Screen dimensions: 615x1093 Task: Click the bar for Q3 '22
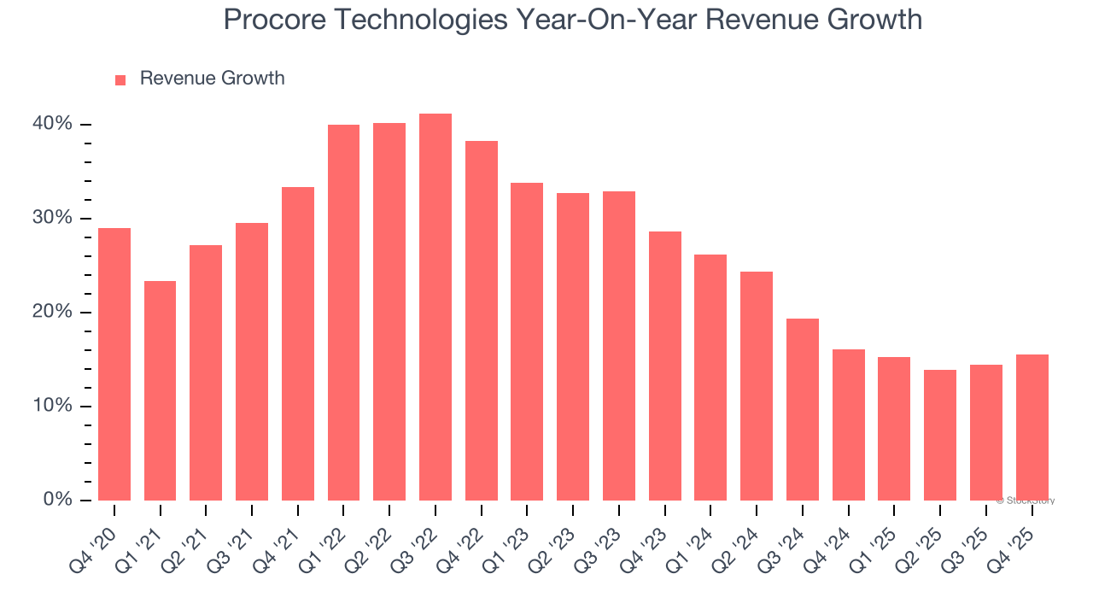pyautogui.click(x=435, y=307)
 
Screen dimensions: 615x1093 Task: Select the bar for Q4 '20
pyautogui.click(x=114, y=364)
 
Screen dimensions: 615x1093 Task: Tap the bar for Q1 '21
pyautogui.click(x=160, y=390)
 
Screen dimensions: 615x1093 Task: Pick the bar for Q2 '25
pyautogui.click(x=940, y=435)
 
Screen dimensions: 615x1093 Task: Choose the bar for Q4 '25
pyautogui.click(x=1032, y=427)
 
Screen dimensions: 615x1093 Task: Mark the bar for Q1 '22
pyautogui.click(x=343, y=313)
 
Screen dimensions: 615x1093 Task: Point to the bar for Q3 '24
pyautogui.click(x=803, y=409)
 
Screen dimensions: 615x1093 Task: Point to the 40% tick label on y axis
pyautogui.click(x=53, y=124)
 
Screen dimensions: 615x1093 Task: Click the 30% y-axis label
pyautogui.click(x=53, y=218)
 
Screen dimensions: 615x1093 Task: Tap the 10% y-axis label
pyautogui.click(x=53, y=406)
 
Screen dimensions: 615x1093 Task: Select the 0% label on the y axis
pyautogui.click(x=57, y=500)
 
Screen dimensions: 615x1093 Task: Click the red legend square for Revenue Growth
pyautogui.click(x=120, y=79)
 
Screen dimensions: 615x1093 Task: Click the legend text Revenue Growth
pyautogui.click(x=212, y=79)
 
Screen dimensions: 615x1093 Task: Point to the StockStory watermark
pyautogui.click(x=1026, y=501)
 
